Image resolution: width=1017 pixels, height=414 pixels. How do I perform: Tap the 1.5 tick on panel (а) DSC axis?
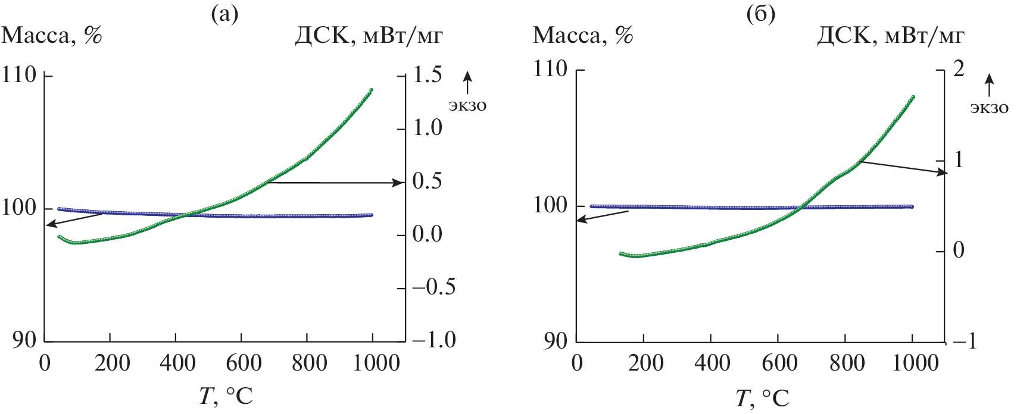pos(428,75)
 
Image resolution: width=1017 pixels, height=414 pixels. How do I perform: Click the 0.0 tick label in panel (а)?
pos(428,234)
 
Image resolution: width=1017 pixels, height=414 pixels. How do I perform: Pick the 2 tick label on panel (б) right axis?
pos(958,69)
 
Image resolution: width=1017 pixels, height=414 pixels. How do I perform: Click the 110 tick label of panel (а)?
pos(20,76)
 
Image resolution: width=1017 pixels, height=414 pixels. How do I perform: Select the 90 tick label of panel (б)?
pos(555,341)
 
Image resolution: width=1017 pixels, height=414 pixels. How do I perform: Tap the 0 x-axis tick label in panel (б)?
pos(576,363)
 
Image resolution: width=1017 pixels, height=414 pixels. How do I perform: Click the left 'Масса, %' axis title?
pos(52,36)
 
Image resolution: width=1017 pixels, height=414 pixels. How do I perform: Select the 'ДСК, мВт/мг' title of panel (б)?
pos(891,36)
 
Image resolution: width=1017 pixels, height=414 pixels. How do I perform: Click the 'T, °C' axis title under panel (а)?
pos(226,396)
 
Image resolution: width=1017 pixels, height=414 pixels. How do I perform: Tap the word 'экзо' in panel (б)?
pos(990,108)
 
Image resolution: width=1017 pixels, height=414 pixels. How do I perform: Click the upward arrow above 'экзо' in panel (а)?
pos(467,81)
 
